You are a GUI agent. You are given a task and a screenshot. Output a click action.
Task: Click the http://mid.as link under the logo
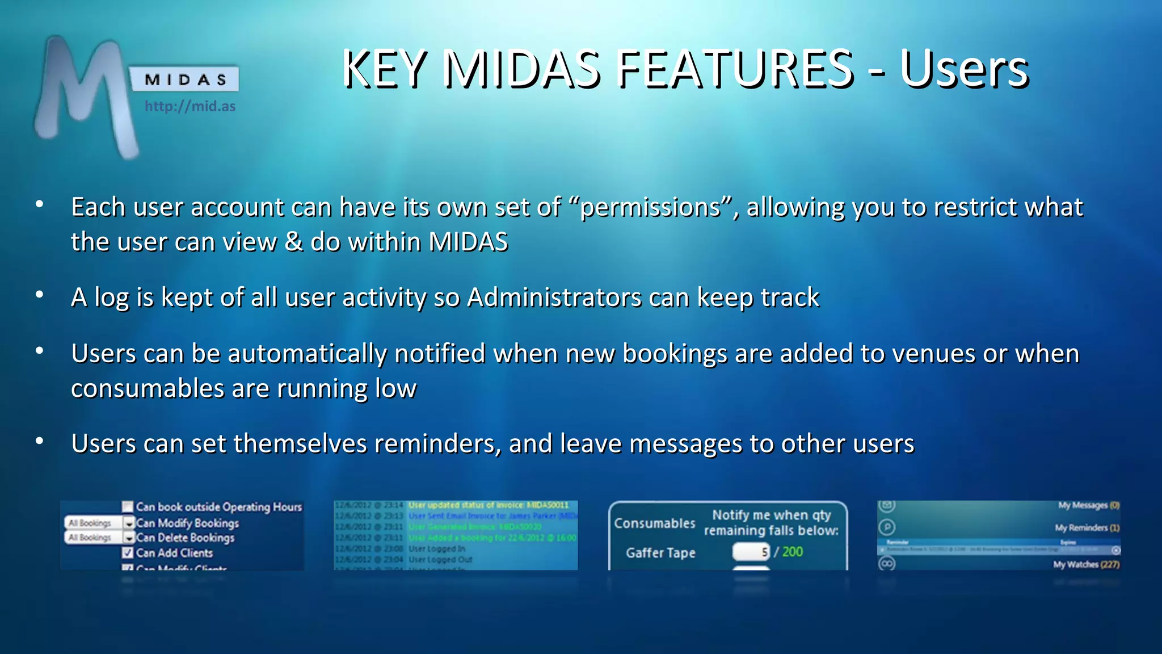[190, 106]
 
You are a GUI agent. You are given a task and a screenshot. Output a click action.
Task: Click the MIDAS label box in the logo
[185, 79]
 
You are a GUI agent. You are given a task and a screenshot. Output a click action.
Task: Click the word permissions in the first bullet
[650, 207]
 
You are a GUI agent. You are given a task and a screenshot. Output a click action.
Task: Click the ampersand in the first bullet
[293, 242]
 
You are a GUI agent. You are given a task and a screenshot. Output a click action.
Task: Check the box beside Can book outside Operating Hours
[128, 506]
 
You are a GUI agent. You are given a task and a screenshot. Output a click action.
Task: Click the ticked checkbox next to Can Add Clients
[128, 552]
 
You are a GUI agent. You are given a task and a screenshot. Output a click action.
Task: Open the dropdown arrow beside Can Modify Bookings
[129, 523]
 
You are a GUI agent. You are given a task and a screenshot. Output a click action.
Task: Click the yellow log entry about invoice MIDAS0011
[488, 505]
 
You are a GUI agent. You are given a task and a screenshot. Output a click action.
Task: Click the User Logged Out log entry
[440, 559]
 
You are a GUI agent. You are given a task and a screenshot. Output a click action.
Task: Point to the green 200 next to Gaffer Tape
[792, 551]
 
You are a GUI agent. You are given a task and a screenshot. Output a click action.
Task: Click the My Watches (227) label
[1085, 564]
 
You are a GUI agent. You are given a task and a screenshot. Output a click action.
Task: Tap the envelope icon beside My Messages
[887, 505]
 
